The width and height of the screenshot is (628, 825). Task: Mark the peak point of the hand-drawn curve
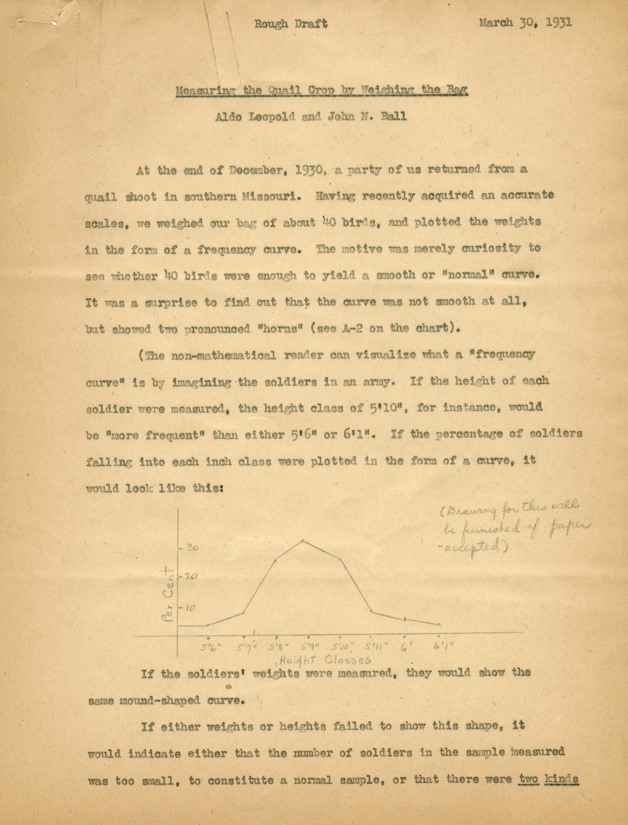tap(303, 541)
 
